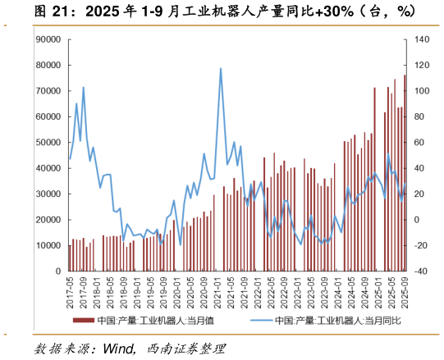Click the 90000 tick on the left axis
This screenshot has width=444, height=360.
click(x=50, y=39)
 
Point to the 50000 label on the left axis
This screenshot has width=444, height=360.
click(x=50, y=142)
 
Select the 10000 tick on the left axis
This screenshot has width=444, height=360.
click(x=50, y=245)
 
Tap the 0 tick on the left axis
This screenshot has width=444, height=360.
click(x=58, y=271)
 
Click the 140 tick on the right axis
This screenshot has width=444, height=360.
click(x=419, y=39)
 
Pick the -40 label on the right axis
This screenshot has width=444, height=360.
click(x=419, y=271)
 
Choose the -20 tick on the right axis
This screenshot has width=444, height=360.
click(x=419, y=245)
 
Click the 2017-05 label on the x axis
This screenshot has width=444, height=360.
click(x=71, y=289)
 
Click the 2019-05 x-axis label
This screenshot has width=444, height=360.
click(x=151, y=289)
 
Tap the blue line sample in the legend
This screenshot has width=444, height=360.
click(x=249, y=321)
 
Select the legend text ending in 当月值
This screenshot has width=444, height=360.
click(x=155, y=321)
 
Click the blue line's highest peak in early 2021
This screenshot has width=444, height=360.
click(x=221, y=69)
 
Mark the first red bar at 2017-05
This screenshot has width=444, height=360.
click(x=70, y=257)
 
